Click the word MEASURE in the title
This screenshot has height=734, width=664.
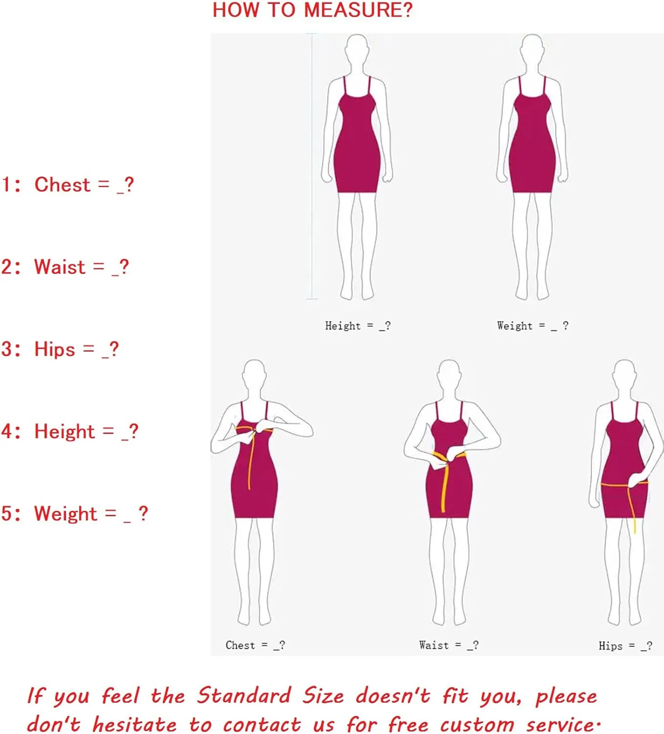358,10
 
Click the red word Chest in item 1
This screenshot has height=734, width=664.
62,185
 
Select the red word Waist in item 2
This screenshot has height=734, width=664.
60,267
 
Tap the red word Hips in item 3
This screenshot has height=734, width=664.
55,349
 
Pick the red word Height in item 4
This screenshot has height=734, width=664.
64,432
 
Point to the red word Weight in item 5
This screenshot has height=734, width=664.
66,514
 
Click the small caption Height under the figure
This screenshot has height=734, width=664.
343,326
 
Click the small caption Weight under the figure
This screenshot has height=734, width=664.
514,326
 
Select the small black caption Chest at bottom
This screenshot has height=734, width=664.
240,645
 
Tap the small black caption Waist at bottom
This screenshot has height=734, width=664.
434,645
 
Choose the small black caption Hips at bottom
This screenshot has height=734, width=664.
610,646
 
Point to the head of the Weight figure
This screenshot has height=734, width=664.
531,49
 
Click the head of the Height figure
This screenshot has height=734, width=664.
357,49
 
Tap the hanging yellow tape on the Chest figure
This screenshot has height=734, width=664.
251,460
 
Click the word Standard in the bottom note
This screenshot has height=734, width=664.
244,695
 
